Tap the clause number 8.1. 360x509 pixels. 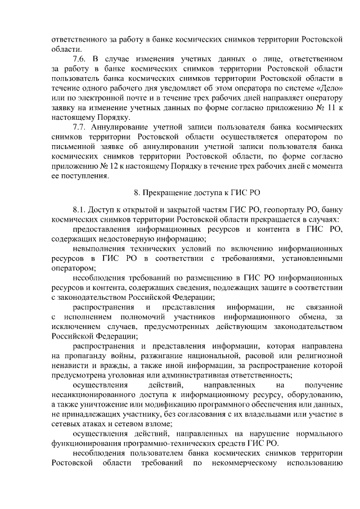pyautogui.click(x=80, y=208)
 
